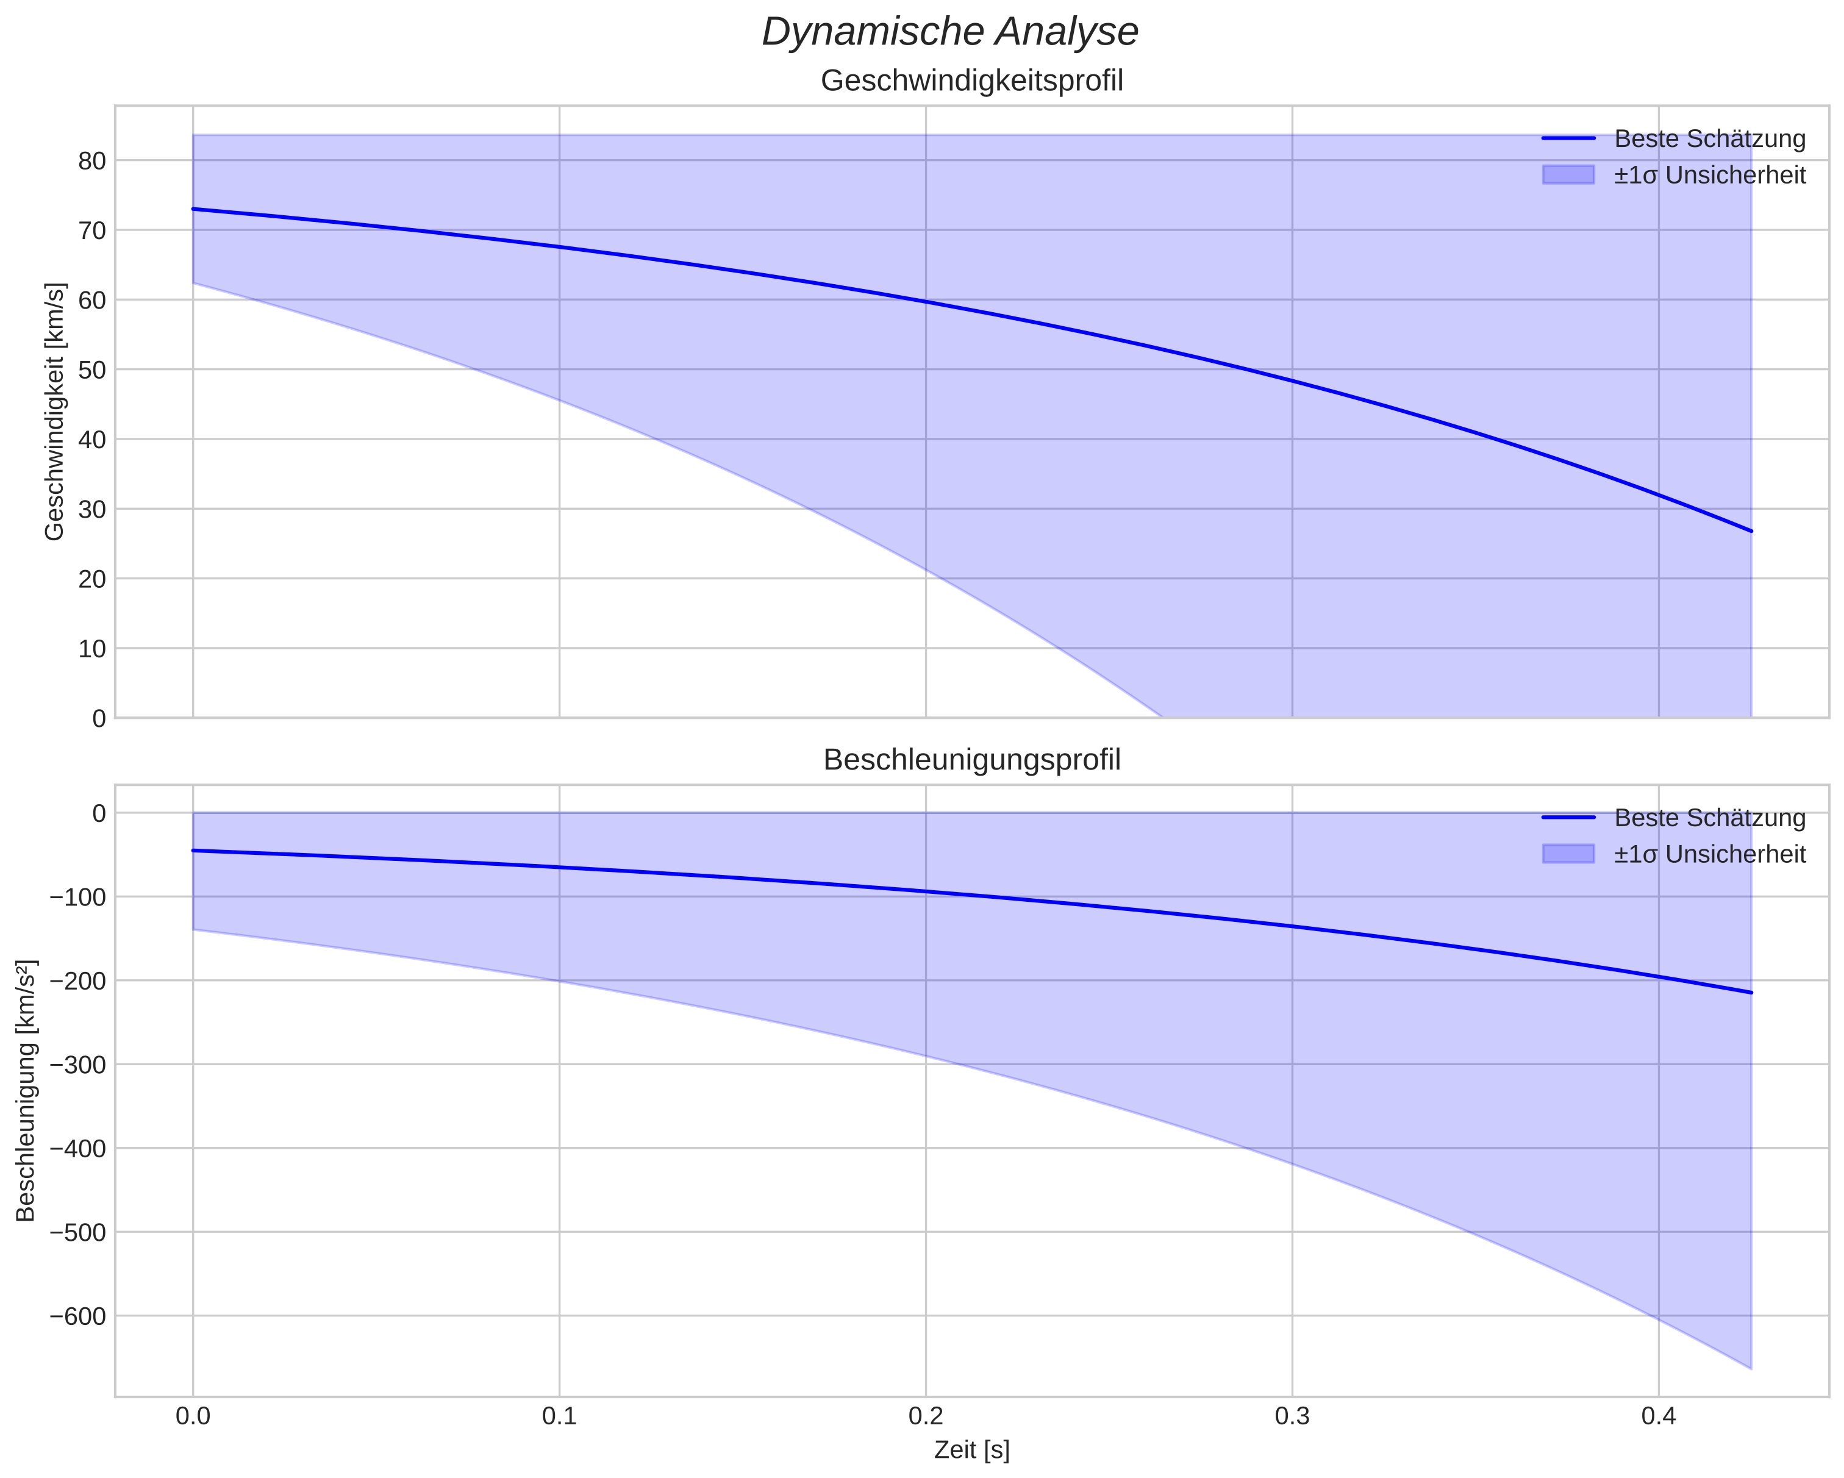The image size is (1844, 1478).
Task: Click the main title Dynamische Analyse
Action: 949,32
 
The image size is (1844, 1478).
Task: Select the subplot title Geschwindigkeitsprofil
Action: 971,80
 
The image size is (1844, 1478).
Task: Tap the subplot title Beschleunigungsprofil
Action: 971,760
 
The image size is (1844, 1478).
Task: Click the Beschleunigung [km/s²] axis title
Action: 26,1090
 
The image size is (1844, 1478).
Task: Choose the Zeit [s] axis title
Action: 971,1450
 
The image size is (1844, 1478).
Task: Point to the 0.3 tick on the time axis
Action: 1292,1416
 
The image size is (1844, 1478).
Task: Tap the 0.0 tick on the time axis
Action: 193,1416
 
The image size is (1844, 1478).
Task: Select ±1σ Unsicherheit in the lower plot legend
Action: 1709,854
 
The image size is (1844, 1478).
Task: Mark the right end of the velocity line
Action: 1751,531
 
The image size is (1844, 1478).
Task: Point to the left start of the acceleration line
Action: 193,850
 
